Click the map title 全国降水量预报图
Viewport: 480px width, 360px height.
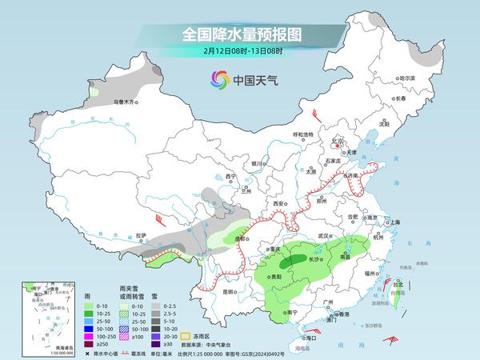tap(241, 34)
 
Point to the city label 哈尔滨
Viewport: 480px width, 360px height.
tap(407, 78)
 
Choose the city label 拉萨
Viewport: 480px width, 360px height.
tap(141, 235)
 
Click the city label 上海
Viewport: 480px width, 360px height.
tap(394, 222)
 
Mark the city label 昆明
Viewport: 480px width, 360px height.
tap(230, 290)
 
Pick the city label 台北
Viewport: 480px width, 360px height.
tap(398, 283)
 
